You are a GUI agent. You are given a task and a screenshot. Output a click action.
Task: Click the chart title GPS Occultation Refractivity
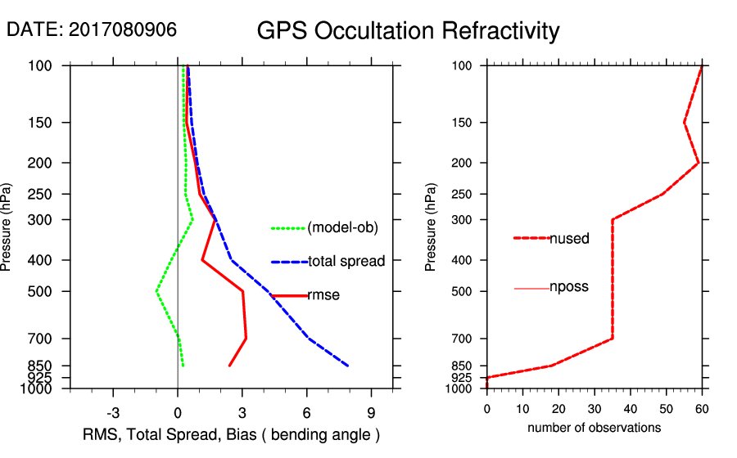(408, 31)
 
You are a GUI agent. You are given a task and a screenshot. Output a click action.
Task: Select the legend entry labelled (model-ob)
(342, 228)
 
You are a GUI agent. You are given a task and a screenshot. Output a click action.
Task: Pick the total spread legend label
(346, 262)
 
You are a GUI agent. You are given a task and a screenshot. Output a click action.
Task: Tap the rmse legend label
(323, 295)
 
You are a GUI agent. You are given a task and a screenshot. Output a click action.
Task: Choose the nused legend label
(569, 238)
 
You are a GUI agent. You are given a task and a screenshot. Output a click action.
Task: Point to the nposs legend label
(569, 287)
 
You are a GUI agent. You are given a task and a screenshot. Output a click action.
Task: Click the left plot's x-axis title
(232, 433)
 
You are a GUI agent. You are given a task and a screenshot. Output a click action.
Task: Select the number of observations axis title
(594, 428)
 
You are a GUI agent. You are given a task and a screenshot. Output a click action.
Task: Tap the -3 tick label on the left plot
(113, 412)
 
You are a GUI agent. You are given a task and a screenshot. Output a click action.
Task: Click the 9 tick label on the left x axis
(371, 412)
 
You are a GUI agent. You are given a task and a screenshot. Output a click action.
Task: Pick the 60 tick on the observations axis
(702, 407)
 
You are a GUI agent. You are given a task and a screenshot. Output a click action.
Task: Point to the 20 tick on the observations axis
(558, 407)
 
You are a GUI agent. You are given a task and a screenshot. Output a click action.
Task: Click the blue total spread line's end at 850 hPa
(348, 366)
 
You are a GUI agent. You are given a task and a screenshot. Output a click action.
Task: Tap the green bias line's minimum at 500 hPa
(156, 290)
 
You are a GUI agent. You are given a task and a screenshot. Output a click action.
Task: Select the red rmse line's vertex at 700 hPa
(246, 338)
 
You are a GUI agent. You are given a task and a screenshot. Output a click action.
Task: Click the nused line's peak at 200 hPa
(699, 163)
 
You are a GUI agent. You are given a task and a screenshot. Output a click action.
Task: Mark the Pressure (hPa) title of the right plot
(432, 227)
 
